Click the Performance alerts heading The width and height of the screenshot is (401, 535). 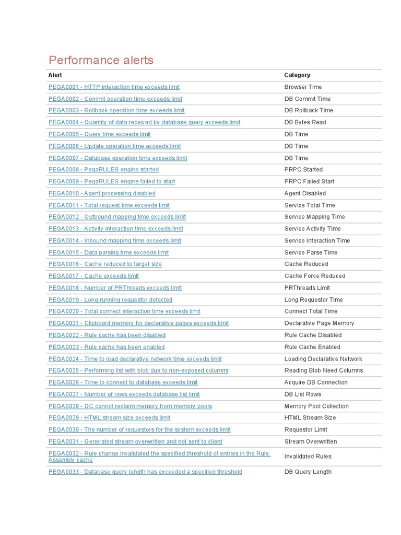pos(101,60)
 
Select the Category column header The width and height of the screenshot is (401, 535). pos(297,75)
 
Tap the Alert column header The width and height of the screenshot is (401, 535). pos(55,75)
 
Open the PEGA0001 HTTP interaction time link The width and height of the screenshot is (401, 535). pos(114,87)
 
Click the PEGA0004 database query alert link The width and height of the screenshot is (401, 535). pos(144,122)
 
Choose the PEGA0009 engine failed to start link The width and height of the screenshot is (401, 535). pos(112,181)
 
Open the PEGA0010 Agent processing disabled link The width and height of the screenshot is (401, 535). pos(102,193)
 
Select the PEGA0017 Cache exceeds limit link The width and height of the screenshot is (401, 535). pos(93,276)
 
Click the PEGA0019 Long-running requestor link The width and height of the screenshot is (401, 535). pos(110,300)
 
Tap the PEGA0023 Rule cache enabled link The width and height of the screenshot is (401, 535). pos(107,347)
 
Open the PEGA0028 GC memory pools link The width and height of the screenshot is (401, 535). pos(130,406)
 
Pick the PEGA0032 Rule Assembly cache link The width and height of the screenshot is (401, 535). pos(159,457)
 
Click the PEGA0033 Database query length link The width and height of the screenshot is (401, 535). pos(145,472)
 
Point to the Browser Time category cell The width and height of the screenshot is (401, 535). pos(303,87)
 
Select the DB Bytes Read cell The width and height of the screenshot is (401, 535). pos(305,122)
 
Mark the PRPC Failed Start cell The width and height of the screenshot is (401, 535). pos(309,181)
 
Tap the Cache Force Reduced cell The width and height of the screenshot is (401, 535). pos(314,276)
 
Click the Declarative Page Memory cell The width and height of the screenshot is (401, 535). pos(319,323)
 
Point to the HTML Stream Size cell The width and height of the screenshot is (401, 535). pos(310,418)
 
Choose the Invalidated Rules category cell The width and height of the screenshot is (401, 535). pos(308,457)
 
